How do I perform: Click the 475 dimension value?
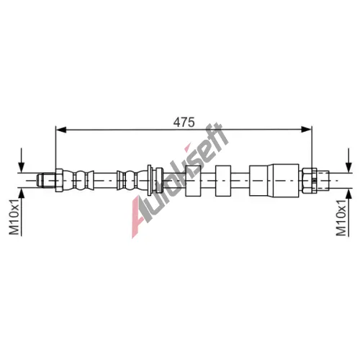[184, 122]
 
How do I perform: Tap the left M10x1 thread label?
[14, 217]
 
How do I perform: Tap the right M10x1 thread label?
[341, 217]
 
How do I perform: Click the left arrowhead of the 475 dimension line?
[60, 130]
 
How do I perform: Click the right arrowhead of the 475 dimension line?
[307, 130]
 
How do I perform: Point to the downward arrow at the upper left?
[22, 160]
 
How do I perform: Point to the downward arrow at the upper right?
[348, 160]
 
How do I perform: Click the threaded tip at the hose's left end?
[46, 180]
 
